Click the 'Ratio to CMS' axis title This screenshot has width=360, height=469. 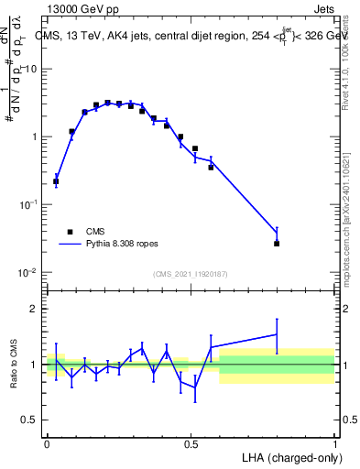(x=16, y=365)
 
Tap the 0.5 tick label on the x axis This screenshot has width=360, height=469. (x=191, y=443)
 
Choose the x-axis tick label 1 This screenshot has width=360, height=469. (x=335, y=443)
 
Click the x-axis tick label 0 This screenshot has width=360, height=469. (x=47, y=443)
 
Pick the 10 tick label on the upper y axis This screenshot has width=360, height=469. (x=29, y=69)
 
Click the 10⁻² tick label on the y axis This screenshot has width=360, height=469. (x=27, y=273)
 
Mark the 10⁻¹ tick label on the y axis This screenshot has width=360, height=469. (x=27, y=205)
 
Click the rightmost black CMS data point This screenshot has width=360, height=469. (x=277, y=244)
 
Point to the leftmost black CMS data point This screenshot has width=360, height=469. (x=56, y=181)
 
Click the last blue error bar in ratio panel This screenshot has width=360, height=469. (x=277, y=334)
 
